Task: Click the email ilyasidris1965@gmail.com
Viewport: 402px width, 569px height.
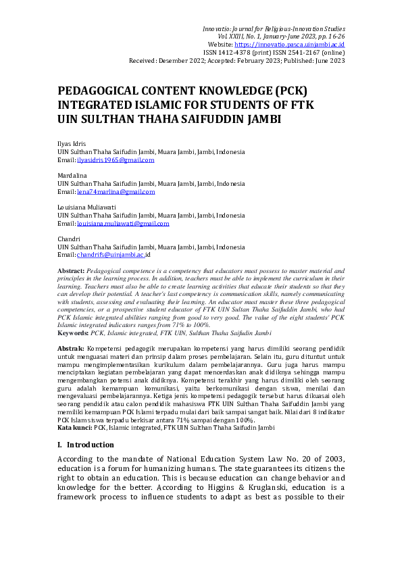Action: point(116,160)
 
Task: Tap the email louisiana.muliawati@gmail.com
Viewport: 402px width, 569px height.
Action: point(123,223)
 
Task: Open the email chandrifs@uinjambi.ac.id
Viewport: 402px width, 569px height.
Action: point(114,255)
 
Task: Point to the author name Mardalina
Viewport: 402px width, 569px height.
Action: point(70,176)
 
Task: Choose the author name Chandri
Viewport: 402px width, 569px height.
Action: point(68,239)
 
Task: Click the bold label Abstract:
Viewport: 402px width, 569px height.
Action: point(72,270)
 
